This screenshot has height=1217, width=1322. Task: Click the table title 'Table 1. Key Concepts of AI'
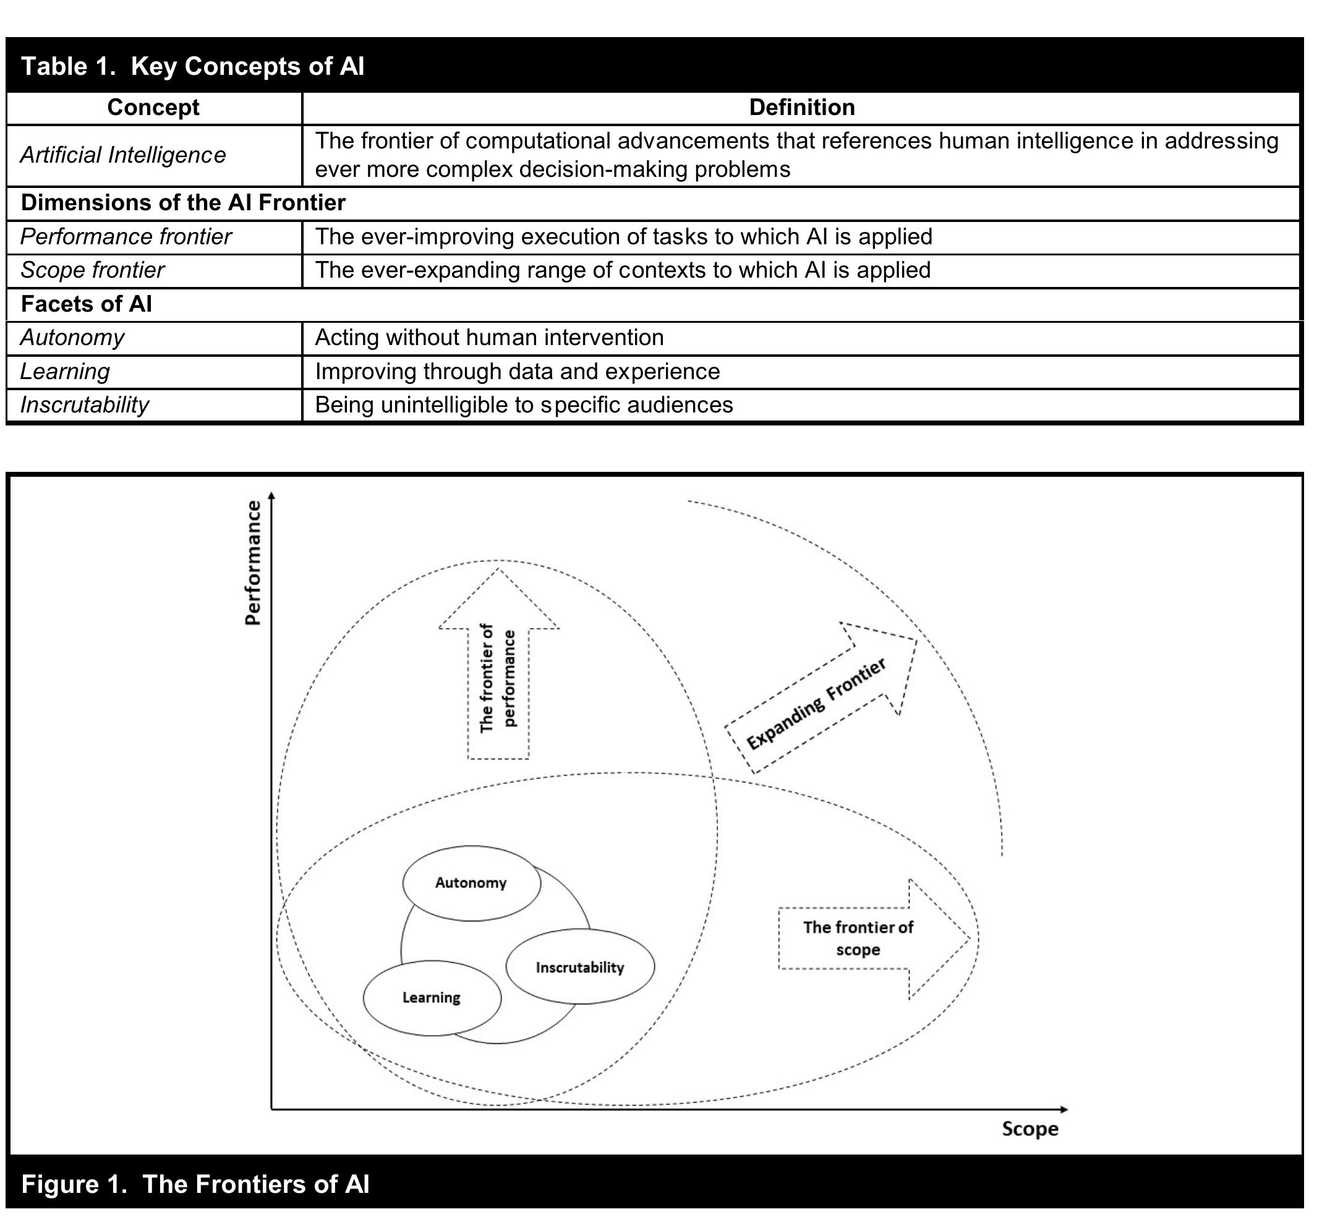[x=193, y=67]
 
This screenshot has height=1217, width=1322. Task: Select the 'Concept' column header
[x=153, y=108]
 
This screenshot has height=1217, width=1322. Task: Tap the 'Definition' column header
[x=801, y=108]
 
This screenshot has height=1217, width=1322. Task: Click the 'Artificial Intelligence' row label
[x=123, y=155]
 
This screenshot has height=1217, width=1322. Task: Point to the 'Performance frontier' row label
[x=126, y=237]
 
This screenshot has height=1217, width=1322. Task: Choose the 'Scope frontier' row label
[x=92, y=271]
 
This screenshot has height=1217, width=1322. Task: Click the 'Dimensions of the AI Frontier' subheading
[x=183, y=203]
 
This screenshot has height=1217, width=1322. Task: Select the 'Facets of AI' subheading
[x=86, y=304]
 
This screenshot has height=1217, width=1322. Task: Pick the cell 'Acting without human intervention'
[x=489, y=338]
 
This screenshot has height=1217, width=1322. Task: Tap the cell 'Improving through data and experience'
[x=518, y=372]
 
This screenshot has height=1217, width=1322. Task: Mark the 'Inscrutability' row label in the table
[x=85, y=405]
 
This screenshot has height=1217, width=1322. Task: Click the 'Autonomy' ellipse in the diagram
[x=471, y=883]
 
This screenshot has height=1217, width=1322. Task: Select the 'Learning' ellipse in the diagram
[x=432, y=997]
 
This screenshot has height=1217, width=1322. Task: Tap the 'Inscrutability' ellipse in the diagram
[x=580, y=967]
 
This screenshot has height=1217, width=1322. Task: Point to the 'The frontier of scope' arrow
[x=858, y=939]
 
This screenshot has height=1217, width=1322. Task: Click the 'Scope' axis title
[x=1030, y=1129]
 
